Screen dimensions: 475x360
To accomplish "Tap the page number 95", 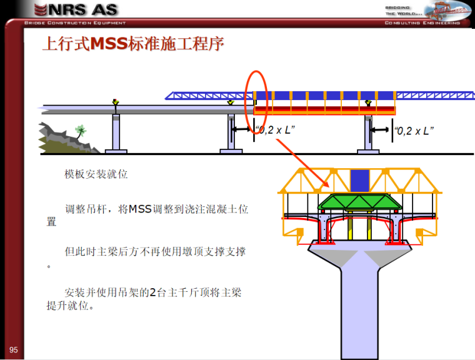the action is point(13,349).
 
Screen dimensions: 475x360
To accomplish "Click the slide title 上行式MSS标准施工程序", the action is point(132,45).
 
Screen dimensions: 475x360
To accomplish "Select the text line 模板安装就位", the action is point(96,174).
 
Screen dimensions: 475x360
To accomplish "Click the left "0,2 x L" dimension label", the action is point(275,131).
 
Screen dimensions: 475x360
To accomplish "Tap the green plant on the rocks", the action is point(80,131).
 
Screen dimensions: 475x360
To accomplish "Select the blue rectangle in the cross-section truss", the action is point(359,181).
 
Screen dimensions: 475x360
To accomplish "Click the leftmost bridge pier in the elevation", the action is point(116,132).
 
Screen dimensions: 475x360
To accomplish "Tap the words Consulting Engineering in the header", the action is point(422,23).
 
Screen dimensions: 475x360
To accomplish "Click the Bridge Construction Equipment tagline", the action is point(75,23).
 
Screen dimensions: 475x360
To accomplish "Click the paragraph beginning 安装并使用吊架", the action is point(144,299).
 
